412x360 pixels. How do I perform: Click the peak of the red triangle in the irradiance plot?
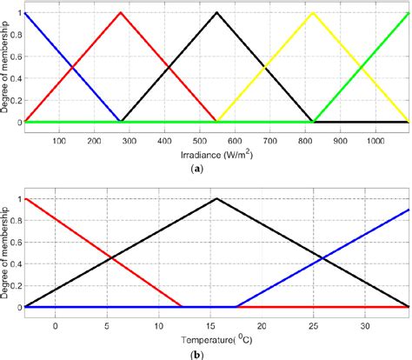(x=121, y=13)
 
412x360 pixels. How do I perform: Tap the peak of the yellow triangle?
(x=313, y=13)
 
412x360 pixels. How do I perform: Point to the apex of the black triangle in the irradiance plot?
(x=216, y=13)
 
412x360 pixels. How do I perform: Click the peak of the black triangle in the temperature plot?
(x=216, y=199)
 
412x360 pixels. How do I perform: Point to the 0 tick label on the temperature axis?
(x=55, y=323)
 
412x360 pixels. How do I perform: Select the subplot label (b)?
(x=206, y=353)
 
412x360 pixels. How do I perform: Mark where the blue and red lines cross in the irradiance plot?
(x=73, y=68)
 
